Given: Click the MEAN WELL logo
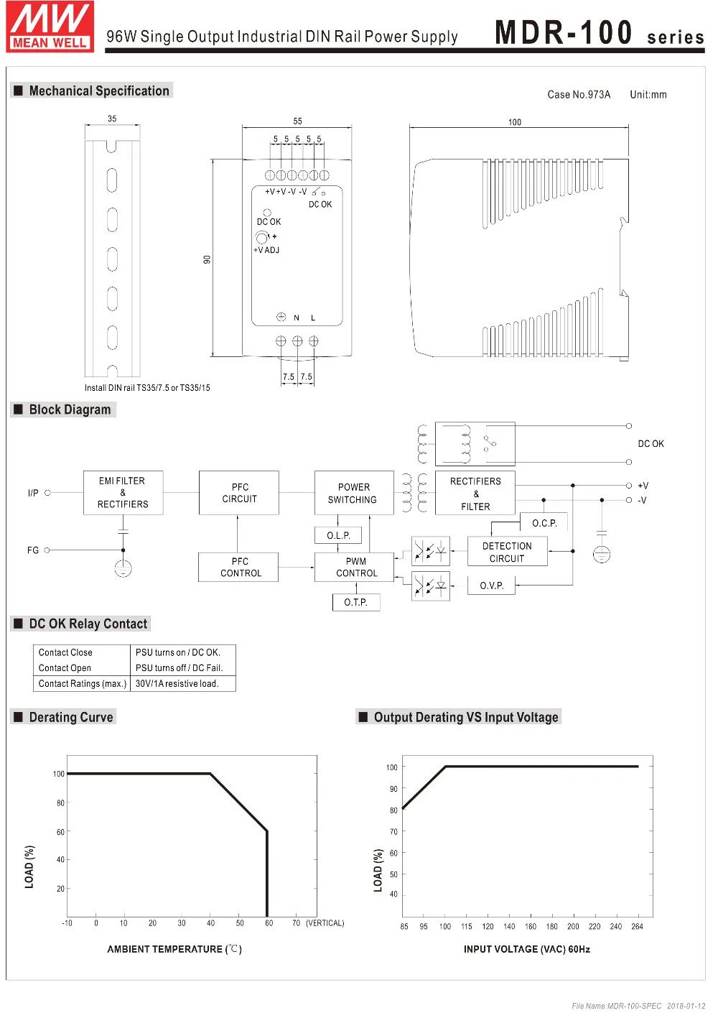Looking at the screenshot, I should click(50, 27).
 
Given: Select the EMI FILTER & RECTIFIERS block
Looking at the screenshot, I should click(123, 493).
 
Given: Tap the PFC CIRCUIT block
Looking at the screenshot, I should click(239, 493).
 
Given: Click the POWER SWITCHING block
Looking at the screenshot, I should click(353, 493).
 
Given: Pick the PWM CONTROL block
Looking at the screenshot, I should click(355, 567).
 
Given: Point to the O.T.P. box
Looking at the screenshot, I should click(355, 602).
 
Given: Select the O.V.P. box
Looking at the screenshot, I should click(492, 586).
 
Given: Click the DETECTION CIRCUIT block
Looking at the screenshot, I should click(507, 552).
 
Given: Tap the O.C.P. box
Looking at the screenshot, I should click(544, 523).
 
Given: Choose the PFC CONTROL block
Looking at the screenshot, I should click(239, 567).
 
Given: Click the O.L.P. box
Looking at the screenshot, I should click(338, 535).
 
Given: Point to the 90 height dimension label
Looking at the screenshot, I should click(207, 259).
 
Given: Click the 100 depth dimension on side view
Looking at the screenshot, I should click(515, 122).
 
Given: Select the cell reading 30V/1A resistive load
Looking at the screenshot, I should click(177, 684).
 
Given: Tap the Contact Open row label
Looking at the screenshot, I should click(65, 668).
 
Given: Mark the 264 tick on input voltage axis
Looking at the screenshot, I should click(637, 927).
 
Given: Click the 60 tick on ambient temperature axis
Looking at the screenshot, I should click(269, 923).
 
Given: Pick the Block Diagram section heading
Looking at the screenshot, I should click(70, 410).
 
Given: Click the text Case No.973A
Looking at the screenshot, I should click(579, 95).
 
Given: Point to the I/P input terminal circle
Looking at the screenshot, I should click(48, 493).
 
